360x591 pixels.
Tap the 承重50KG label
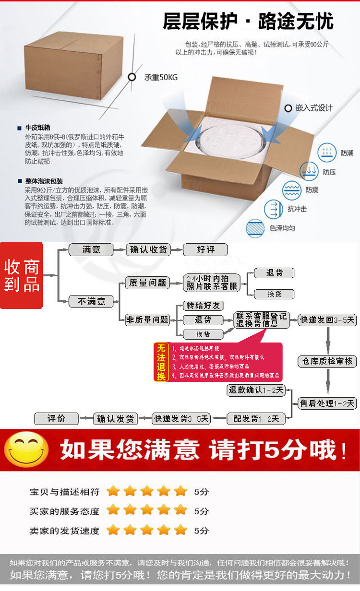[161, 77]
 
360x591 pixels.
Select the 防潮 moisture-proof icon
[327, 153]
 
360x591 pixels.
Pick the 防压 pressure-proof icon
[309, 171]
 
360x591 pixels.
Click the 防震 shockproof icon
[291, 190]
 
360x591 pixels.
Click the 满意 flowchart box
[91, 249]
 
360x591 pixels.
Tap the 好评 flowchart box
[205, 249]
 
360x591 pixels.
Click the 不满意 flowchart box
[91, 301]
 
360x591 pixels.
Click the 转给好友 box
[203, 306]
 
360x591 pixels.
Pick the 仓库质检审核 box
[327, 361]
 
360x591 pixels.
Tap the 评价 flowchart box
[56, 418]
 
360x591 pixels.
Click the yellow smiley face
[26, 449]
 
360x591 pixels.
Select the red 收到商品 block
[22, 275]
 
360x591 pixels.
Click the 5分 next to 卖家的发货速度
[202, 531]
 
